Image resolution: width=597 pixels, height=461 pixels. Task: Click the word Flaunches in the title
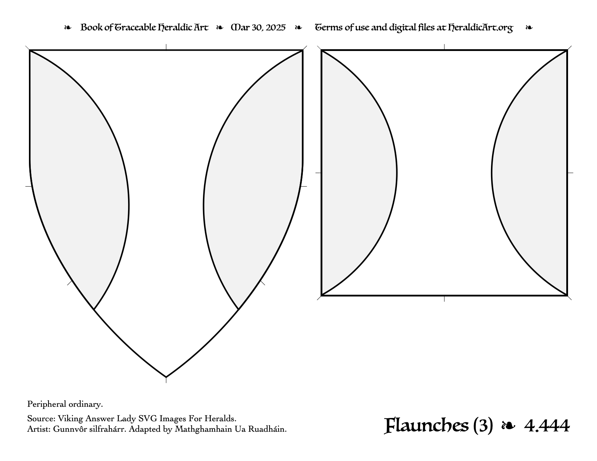pos(426,426)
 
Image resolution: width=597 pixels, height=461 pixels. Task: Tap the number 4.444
pos(547,426)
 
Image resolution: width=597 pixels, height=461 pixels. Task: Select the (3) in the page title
pos(483,426)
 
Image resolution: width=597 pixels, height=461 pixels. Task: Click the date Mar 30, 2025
pos(258,27)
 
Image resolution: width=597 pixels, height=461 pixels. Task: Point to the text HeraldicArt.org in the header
pos(480,28)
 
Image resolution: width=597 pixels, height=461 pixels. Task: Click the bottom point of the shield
pos(166,377)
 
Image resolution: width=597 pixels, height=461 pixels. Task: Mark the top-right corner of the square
pos(567,50)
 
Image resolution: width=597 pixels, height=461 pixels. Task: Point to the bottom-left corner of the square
pos(321,295)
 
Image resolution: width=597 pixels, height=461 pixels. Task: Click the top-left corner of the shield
pos(30,50)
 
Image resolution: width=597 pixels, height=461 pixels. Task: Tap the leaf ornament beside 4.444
pos(508,426)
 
